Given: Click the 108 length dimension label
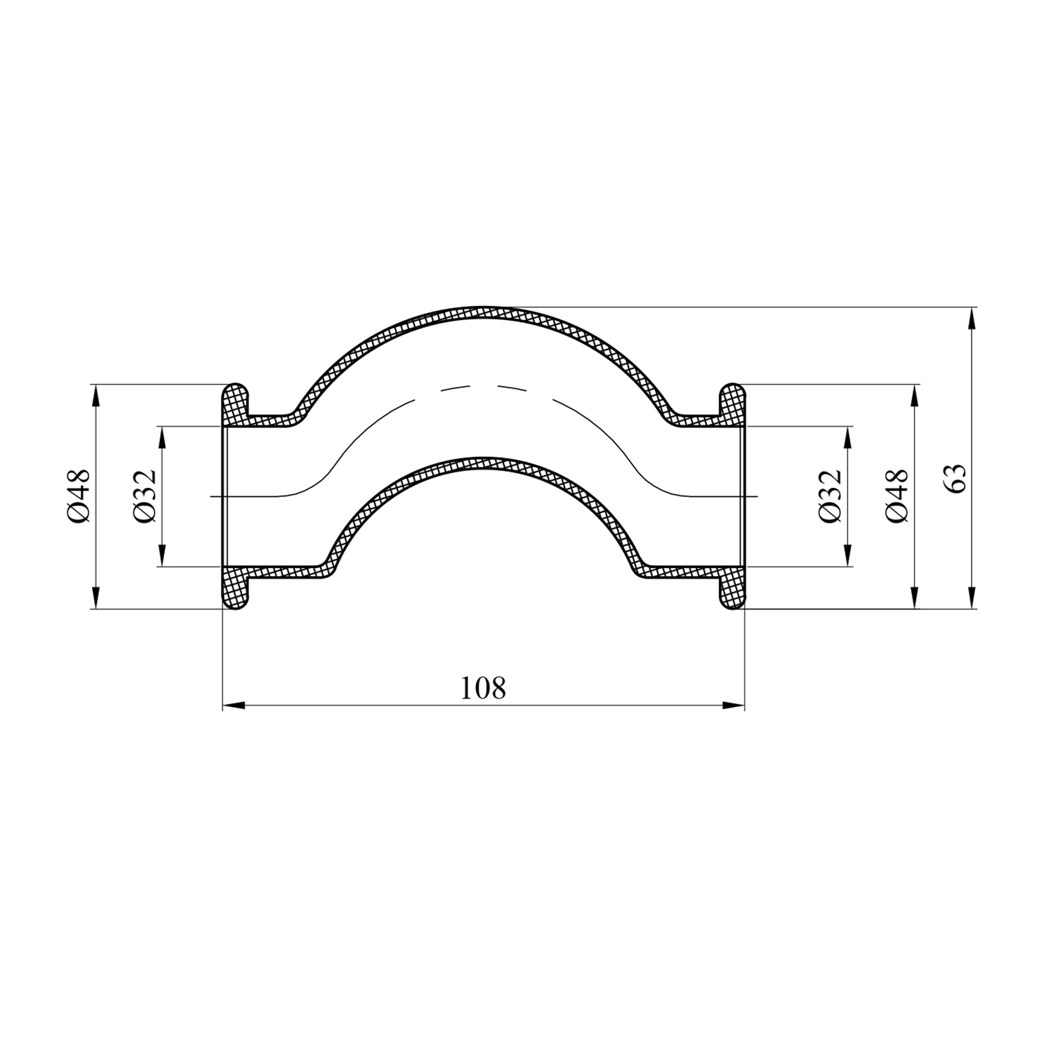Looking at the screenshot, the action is tap(483, 688).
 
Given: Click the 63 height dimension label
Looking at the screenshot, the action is tap(959, 479).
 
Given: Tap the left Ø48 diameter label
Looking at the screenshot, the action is tap(79, 496).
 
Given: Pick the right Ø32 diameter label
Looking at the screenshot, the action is tap(829, 496).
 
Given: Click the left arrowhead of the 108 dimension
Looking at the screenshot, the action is tap(233, 705).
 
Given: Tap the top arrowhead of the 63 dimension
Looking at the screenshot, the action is tap(971, 319).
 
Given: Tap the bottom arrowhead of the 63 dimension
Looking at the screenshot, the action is tap(971, 597).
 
